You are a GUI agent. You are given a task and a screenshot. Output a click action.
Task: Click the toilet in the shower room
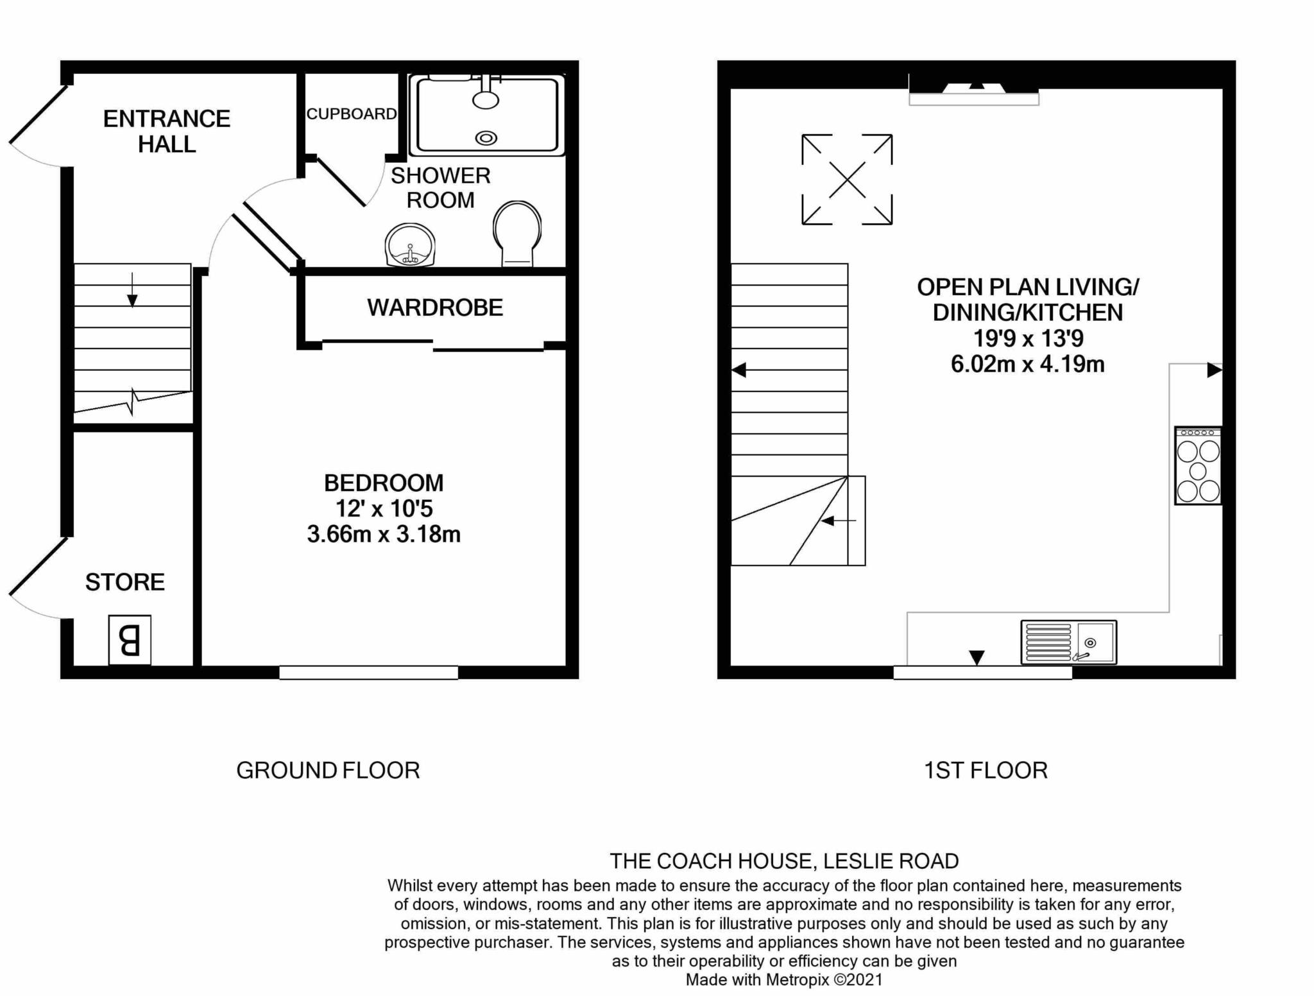click(516, 234)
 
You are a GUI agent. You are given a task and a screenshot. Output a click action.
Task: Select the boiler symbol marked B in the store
click(130, 640)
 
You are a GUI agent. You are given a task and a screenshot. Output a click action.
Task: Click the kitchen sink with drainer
click(1068, 642)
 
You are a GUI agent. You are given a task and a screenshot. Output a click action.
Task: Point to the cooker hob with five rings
click(1198, 466)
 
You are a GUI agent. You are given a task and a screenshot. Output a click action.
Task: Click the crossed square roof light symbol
click(847, 180)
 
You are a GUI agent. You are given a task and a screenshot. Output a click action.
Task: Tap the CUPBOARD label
click(351, 114)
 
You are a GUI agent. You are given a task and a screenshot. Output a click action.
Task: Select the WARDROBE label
click(435, 308)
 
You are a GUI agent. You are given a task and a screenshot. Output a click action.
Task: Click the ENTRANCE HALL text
click(167, 132)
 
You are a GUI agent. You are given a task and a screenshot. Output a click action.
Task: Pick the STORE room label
click(125, 582)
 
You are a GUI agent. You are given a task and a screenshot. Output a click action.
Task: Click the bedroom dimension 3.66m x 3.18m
click(384, 534)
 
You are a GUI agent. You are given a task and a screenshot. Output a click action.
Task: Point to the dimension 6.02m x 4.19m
click(1027, 365)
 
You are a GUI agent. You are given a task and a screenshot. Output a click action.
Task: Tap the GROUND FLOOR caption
click(328, 770)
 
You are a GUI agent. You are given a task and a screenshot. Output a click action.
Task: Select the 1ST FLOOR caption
click(985, 770)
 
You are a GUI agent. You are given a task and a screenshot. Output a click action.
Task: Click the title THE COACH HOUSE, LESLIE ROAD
click(784, 861)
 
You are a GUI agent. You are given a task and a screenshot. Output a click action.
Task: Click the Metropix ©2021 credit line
click(784, 980)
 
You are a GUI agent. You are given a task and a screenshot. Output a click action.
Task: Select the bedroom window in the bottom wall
click(368, 673)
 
